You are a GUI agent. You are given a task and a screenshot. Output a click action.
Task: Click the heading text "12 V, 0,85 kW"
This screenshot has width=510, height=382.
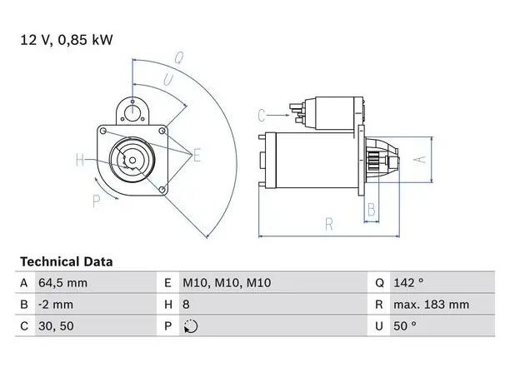coord(67,40)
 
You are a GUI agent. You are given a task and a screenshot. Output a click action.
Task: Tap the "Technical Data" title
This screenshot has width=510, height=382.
coord(67,261)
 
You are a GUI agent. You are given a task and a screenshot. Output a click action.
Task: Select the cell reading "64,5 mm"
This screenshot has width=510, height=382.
coord(62,283)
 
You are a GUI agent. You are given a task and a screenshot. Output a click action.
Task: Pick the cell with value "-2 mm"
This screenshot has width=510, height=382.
coord(56,305)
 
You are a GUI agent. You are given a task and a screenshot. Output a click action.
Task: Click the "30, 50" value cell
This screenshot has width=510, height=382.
coord(56,325)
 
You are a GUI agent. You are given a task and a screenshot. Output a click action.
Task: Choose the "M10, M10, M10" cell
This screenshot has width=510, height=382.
coord(227,283)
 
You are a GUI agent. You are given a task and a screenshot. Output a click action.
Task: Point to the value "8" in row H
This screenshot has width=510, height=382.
coord(186,305)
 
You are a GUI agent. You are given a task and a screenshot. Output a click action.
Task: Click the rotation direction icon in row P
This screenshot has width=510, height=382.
coord(191,326)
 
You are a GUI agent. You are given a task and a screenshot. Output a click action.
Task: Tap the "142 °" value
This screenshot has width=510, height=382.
coord(408,283)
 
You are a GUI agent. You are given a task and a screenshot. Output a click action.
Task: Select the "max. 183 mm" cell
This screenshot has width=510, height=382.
coord(432,305)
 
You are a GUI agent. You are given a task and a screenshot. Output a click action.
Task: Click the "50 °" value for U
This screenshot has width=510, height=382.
coord(405,325)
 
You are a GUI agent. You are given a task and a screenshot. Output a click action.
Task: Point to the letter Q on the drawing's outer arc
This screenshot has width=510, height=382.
coord(179,57)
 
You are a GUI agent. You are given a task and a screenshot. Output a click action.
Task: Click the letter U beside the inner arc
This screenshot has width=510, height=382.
coord(168,80)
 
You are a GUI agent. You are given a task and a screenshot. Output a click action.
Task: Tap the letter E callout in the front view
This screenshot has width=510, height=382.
coord(197,155)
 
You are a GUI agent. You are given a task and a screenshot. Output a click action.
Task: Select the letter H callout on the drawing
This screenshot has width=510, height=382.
coord(80,160)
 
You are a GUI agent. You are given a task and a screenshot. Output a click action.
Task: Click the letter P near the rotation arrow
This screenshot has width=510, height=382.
coord(97,201)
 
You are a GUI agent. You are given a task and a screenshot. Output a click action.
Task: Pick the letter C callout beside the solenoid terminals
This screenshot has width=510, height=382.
coord(262,116)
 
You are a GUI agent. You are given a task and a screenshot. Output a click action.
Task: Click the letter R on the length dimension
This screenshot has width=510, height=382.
coord(329,224)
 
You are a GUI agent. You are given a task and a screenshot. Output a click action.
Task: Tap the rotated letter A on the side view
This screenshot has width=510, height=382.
coord(420,160)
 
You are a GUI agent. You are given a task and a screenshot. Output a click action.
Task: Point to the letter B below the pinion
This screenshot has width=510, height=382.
coord(372,210)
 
